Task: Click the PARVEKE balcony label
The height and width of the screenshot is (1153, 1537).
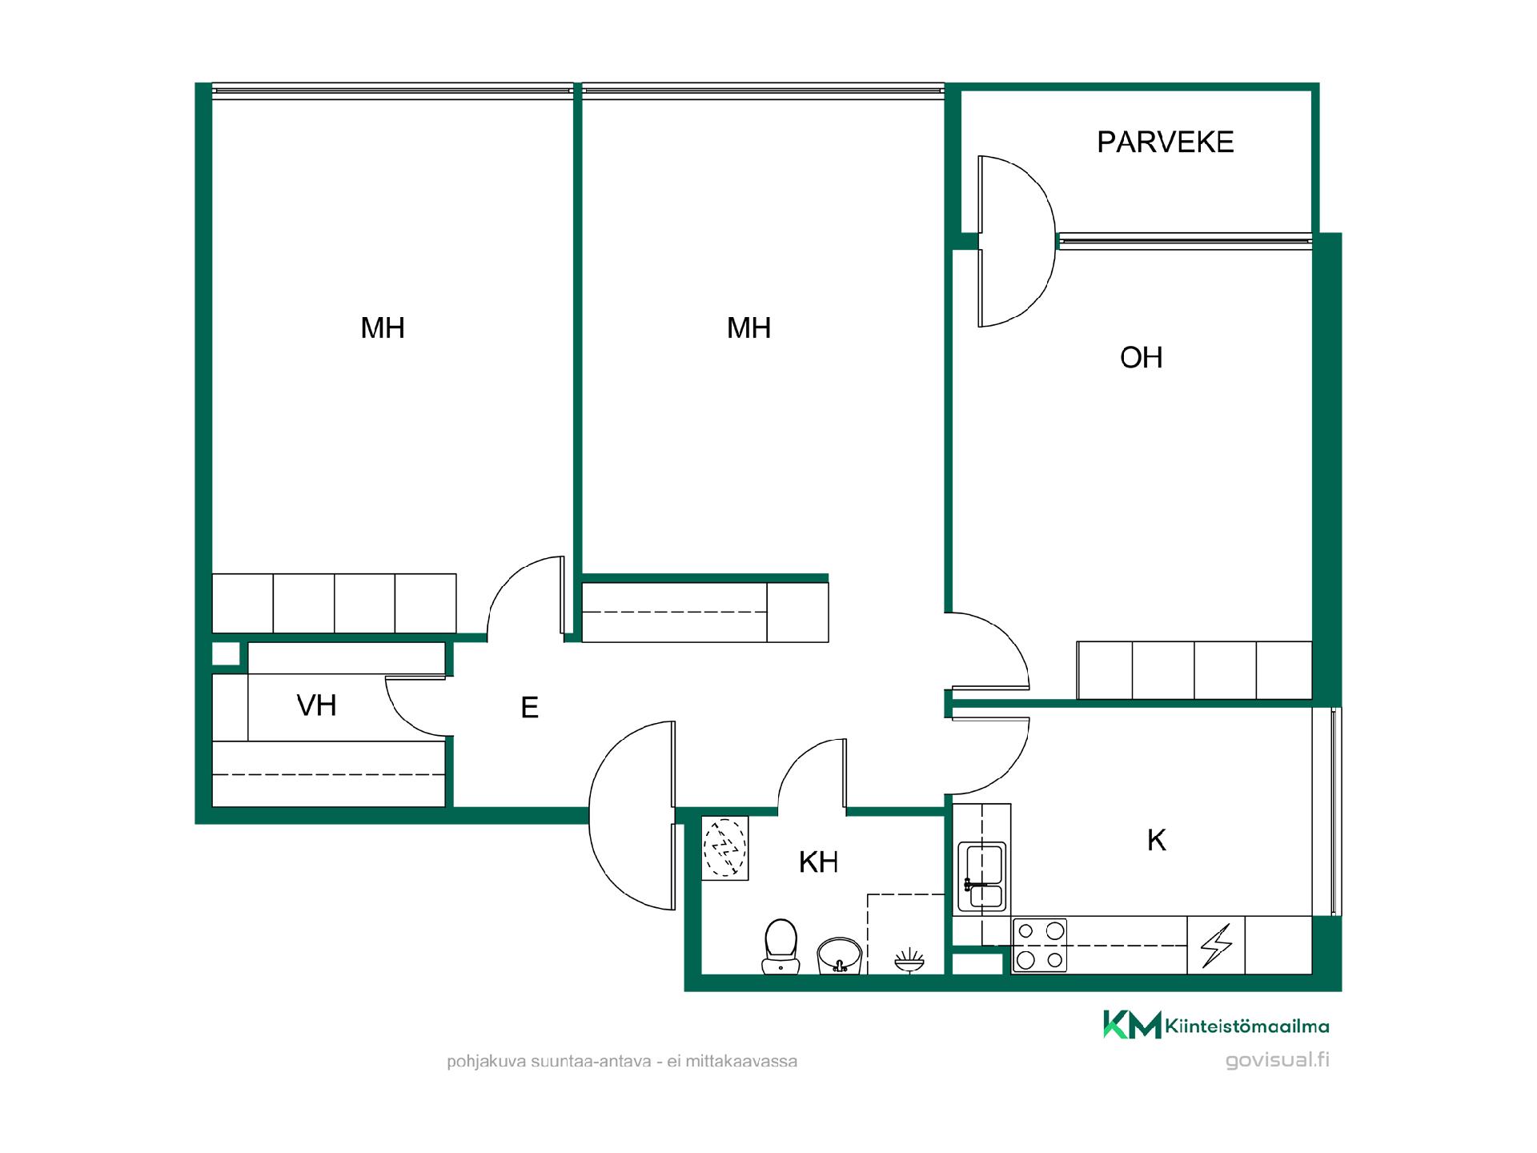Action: pos(1165,143)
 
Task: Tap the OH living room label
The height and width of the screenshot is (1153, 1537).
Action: pos(1141,358)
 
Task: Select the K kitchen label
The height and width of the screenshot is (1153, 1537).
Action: pos(1157,840)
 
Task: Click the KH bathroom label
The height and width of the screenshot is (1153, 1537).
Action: pos(818,862)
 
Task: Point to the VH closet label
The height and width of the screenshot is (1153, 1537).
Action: pos(316,705)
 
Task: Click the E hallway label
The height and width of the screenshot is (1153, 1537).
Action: pos(529,708)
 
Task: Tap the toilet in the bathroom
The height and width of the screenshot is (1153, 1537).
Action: pos(781,946)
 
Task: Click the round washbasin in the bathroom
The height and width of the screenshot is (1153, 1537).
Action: pos(839,956)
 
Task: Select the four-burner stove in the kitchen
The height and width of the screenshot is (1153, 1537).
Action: pos(1039,946)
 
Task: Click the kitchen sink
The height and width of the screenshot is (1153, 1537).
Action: pos(982,876)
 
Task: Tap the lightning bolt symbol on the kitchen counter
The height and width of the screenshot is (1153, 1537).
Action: pos(1215,946)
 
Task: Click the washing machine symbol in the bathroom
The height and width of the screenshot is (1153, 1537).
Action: pos(724,848)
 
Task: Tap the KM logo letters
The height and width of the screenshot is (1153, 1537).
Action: pos(1132,1024)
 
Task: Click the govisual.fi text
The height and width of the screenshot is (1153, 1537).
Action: pos(1278,1060)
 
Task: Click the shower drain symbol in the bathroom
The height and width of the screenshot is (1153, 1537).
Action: pos(909,958)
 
